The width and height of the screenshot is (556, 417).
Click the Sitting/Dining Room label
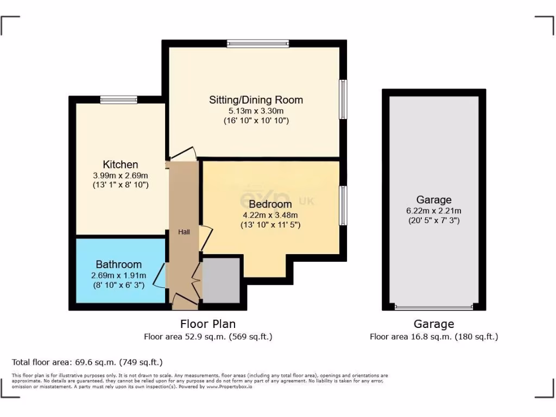click(x=256, y=100)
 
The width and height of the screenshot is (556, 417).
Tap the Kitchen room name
click(x=121, y=165)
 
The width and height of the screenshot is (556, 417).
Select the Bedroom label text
click(x=270, y=204)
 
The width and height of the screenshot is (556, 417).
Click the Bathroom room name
click(x=118, y=264)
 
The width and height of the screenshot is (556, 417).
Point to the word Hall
click(x=185, y=232)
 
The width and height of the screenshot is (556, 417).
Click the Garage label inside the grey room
click(x=434, y=200)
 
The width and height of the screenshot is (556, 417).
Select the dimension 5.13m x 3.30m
click(x=256, y=111)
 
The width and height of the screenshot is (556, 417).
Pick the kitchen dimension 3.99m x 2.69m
click(x=121, y=175)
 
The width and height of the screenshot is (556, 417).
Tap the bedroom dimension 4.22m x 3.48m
click(x=270, y=214)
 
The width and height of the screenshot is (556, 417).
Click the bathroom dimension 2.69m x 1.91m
click(x=118, y=275)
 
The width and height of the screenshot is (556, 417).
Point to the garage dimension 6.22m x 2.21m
click(x=434, y=211)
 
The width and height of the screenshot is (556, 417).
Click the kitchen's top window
click(x=118, y=99)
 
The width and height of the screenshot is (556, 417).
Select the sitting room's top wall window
click(x=258, y=44)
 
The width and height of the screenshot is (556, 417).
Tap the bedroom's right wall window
click(x=343, y=205)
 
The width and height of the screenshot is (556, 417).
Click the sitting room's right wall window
click(x=343, y=99)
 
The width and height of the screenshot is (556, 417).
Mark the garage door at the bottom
click(x=434, y=307)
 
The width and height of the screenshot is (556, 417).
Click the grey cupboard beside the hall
click(x=221, y=280)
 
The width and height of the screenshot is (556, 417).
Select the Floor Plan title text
click(x=208, y=324)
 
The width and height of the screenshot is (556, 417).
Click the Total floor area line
click(x=87, y=362)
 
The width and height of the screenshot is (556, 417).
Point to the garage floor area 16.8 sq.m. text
click(x=434, y=337)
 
